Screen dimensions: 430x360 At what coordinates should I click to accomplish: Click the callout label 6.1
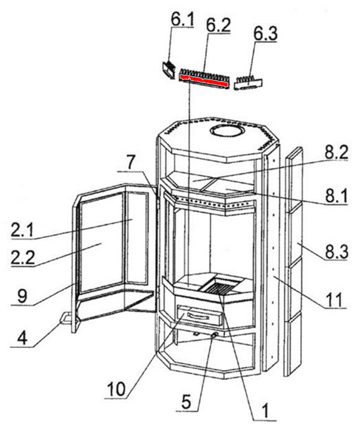click(x=182, y=19)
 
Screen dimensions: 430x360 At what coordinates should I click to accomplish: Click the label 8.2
click(x=336, y=152)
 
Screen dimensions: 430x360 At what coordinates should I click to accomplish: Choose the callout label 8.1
click(x=336, y=196)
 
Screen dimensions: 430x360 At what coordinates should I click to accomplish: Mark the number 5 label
click(x=186, y=402)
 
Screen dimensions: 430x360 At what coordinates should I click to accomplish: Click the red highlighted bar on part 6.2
click(x=204, y=80)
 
